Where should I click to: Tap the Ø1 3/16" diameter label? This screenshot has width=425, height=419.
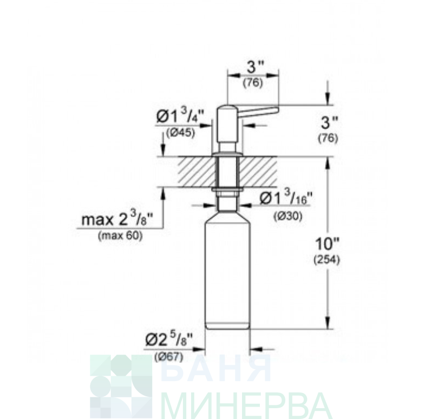pos(283,198)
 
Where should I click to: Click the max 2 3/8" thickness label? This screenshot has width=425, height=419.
pos(117,220)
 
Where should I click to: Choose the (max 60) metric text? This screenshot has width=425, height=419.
pos(120,236)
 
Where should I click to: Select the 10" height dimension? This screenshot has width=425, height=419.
pos(328,244)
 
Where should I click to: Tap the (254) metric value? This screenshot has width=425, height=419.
pos(326,260)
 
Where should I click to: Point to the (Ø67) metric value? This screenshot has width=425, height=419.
pos(169,357)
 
